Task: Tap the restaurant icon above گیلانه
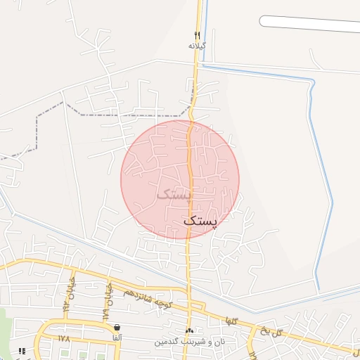pos(198,35)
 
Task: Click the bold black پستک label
pos(200,220)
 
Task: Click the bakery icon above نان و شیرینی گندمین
pos(188,330)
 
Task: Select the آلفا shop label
pos(116,337)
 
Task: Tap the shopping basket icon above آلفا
pos(116,328)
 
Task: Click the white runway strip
pos(309,24)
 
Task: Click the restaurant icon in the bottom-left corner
pos(22,350)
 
